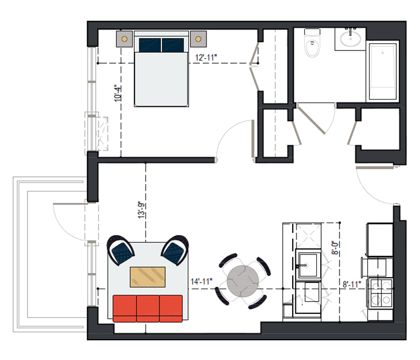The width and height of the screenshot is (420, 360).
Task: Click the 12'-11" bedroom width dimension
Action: [x=206, y=58]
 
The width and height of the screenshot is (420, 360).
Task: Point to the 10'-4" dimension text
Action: [x=118, y=94]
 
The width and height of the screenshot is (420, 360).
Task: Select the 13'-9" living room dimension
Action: [x=142, y=210]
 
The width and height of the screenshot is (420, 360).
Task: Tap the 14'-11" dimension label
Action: [x=202, y=281]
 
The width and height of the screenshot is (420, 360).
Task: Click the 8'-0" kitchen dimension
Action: [x=335, y=248]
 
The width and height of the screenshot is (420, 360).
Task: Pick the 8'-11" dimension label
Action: [x=352, y=284]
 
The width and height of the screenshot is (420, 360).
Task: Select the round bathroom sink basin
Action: [x=350, y=39]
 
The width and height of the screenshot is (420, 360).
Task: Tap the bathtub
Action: [x=383, y=71]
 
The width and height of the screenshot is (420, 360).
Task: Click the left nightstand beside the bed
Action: [x=124, y=39]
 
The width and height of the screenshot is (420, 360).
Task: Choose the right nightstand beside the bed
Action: [x=198, y=39]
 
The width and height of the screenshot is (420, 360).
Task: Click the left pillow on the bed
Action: [x=150, y=45]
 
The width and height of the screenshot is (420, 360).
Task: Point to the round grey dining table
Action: [x=242, y=281]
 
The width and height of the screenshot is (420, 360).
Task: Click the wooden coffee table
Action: [x=148, y=277]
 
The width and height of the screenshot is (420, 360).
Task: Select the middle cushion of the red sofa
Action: [x=148, y=308]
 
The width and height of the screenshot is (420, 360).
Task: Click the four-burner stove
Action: [x=380, y=293]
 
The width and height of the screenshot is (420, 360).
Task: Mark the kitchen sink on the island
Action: [x=308, y=265]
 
